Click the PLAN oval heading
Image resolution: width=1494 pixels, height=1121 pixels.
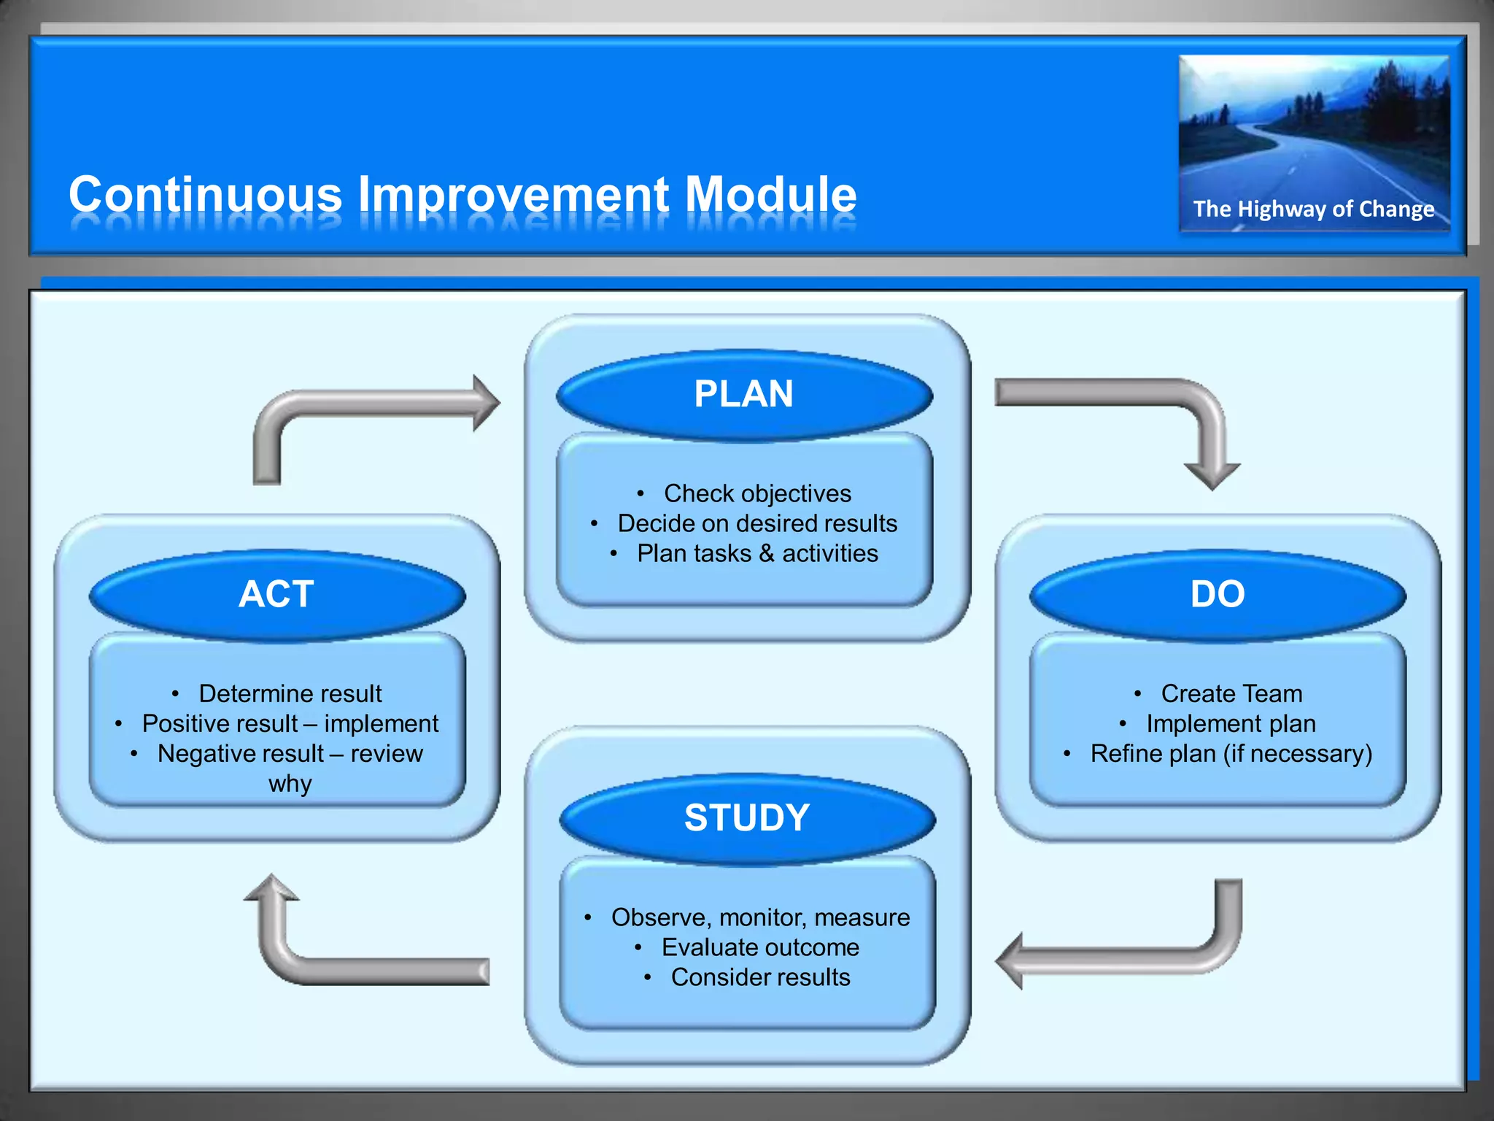click(744, 395)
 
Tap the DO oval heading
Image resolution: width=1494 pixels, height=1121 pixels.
click(1218, 595)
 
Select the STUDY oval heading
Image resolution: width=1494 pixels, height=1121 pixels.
click(747, 818)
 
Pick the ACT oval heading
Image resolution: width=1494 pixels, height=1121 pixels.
click(276, 595)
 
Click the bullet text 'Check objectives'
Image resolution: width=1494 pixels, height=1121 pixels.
click(757, 494)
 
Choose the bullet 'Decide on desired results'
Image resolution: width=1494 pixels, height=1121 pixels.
click(757, 524)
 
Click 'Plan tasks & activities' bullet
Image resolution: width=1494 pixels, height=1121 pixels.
click(757, 554)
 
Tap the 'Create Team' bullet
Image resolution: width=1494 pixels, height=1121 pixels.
click(1231, 694)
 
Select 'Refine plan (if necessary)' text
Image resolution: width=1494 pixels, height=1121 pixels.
click(1231, 754)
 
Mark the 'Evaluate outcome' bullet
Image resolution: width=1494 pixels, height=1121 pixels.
click(760, 948)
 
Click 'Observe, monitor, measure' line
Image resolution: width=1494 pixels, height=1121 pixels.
click(760, 918)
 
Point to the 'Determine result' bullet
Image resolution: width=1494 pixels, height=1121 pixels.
click(290, 694)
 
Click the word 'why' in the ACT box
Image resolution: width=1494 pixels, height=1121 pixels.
click(290, 784)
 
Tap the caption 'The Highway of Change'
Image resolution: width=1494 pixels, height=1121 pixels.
click(1313, 209)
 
